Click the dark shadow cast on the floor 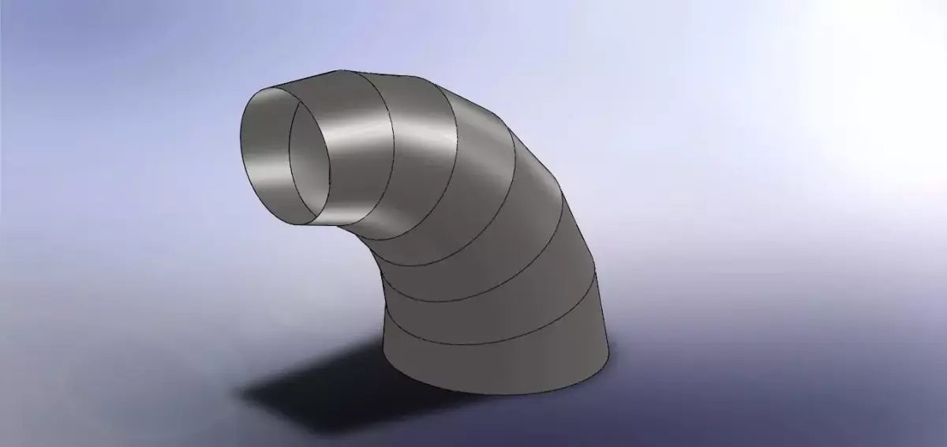tap(316, 387)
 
